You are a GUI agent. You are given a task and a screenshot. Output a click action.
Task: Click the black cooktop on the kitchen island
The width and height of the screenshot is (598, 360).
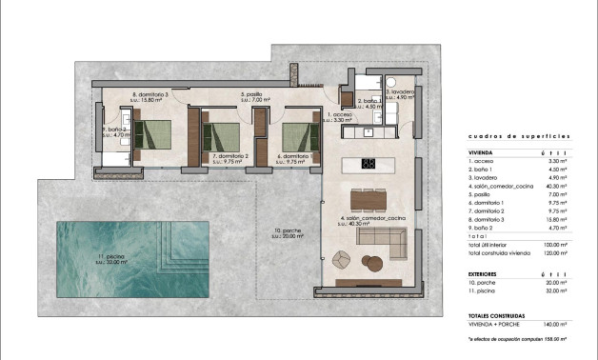369,163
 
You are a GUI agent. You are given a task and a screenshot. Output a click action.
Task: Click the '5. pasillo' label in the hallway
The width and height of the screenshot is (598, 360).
252,94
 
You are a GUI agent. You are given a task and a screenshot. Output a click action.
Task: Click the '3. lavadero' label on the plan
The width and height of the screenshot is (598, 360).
400,92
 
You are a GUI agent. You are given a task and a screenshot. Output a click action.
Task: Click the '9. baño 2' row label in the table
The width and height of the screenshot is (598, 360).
482,228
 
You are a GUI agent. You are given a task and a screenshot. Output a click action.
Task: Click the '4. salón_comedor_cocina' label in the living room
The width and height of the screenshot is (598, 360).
371,220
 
